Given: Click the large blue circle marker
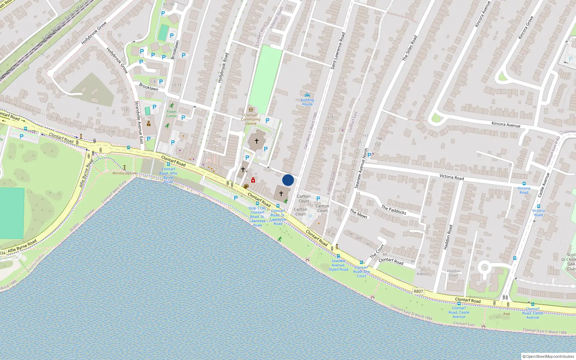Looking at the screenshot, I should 288,180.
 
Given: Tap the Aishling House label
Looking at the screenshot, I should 307,102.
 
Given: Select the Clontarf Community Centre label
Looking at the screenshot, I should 251,120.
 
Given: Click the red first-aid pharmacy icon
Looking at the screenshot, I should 253,180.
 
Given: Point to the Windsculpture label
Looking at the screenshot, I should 125,173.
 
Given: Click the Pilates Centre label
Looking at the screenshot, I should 172,114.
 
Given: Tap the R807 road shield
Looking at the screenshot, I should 418,291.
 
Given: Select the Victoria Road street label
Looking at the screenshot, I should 451,177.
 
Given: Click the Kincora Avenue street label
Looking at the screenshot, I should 506,124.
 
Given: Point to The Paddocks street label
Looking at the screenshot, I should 394,210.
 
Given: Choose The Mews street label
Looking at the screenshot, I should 359,214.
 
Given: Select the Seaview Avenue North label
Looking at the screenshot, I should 361,168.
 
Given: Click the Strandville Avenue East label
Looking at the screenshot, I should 139,122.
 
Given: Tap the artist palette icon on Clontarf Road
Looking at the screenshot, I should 246,186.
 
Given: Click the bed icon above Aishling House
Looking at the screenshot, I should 307,95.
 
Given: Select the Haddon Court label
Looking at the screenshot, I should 454,273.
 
